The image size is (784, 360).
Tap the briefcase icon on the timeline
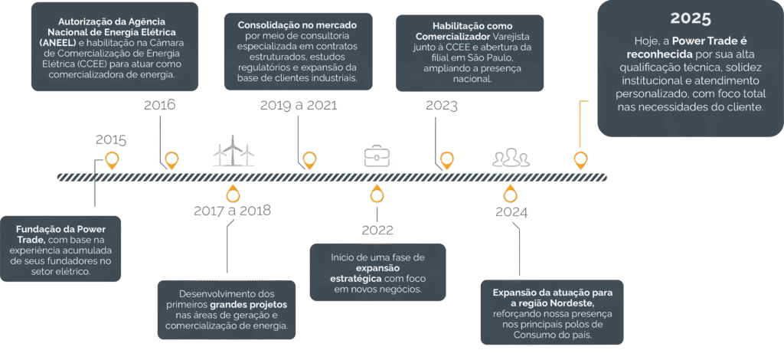(x=376, y=155)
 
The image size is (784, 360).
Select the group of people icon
(x=510, y=157)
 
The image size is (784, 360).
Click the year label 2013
(x=111, y=139)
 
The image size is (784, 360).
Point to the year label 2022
(x=377, y=230)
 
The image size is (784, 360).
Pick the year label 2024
(x=511, y=212)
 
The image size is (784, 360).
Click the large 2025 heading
(x=691, y=18)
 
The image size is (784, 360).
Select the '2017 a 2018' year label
(x=234, y=211)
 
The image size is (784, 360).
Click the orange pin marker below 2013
(x=112, y=160)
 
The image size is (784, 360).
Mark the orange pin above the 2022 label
(x=376, y=194)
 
